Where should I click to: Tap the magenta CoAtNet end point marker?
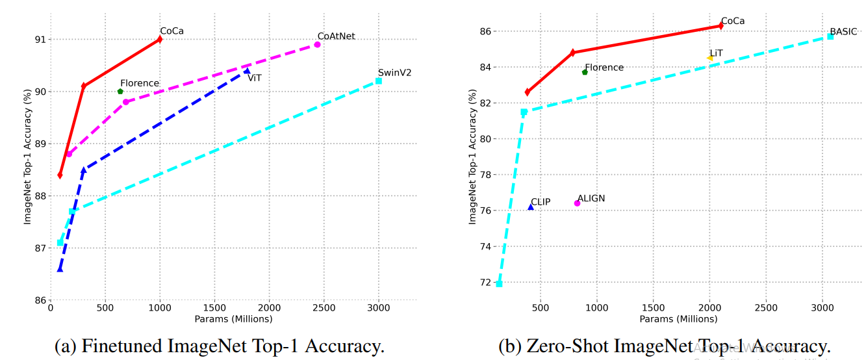click(317, 44)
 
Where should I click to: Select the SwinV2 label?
click(394, 72)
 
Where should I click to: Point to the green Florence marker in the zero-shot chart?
click(585, 72)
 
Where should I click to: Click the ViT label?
click(255, 77)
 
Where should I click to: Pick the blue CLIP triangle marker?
click(531, 207)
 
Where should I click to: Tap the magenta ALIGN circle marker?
click(577, 203)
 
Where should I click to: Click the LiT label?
click(716, 53)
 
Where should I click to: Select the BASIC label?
click(843, 31)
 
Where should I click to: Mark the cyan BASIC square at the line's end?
click(830, 36)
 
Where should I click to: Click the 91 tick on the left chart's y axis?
click(40, 40)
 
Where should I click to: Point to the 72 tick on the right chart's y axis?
click(485, 283)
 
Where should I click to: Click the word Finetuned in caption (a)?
click(118, 346)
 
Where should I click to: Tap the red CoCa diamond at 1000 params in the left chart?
click(160, 40)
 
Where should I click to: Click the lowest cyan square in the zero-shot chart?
click(499, 283)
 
